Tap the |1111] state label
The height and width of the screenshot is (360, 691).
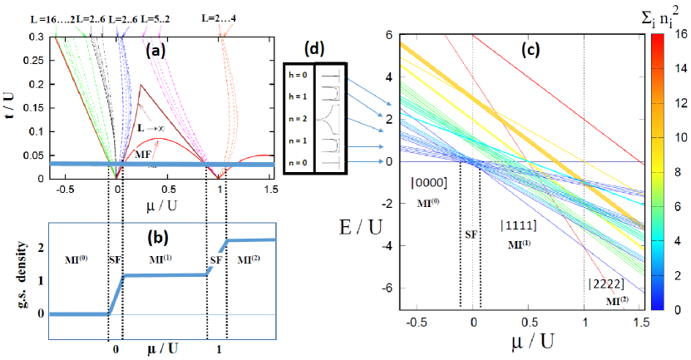522,225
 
